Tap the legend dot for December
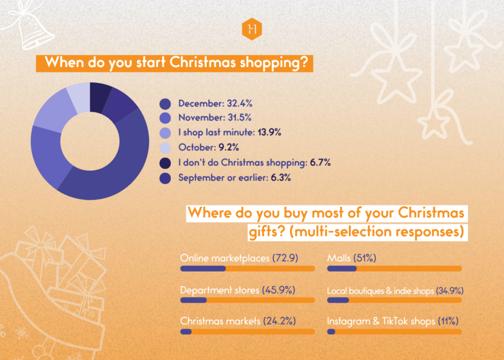165,104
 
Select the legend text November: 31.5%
214,118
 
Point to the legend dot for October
165,148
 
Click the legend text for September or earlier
235,178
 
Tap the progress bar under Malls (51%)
394,269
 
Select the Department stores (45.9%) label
237,291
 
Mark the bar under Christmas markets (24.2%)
247,332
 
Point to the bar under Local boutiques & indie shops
394,301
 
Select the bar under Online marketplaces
247,269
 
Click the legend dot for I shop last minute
165,133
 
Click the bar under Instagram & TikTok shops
394,332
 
